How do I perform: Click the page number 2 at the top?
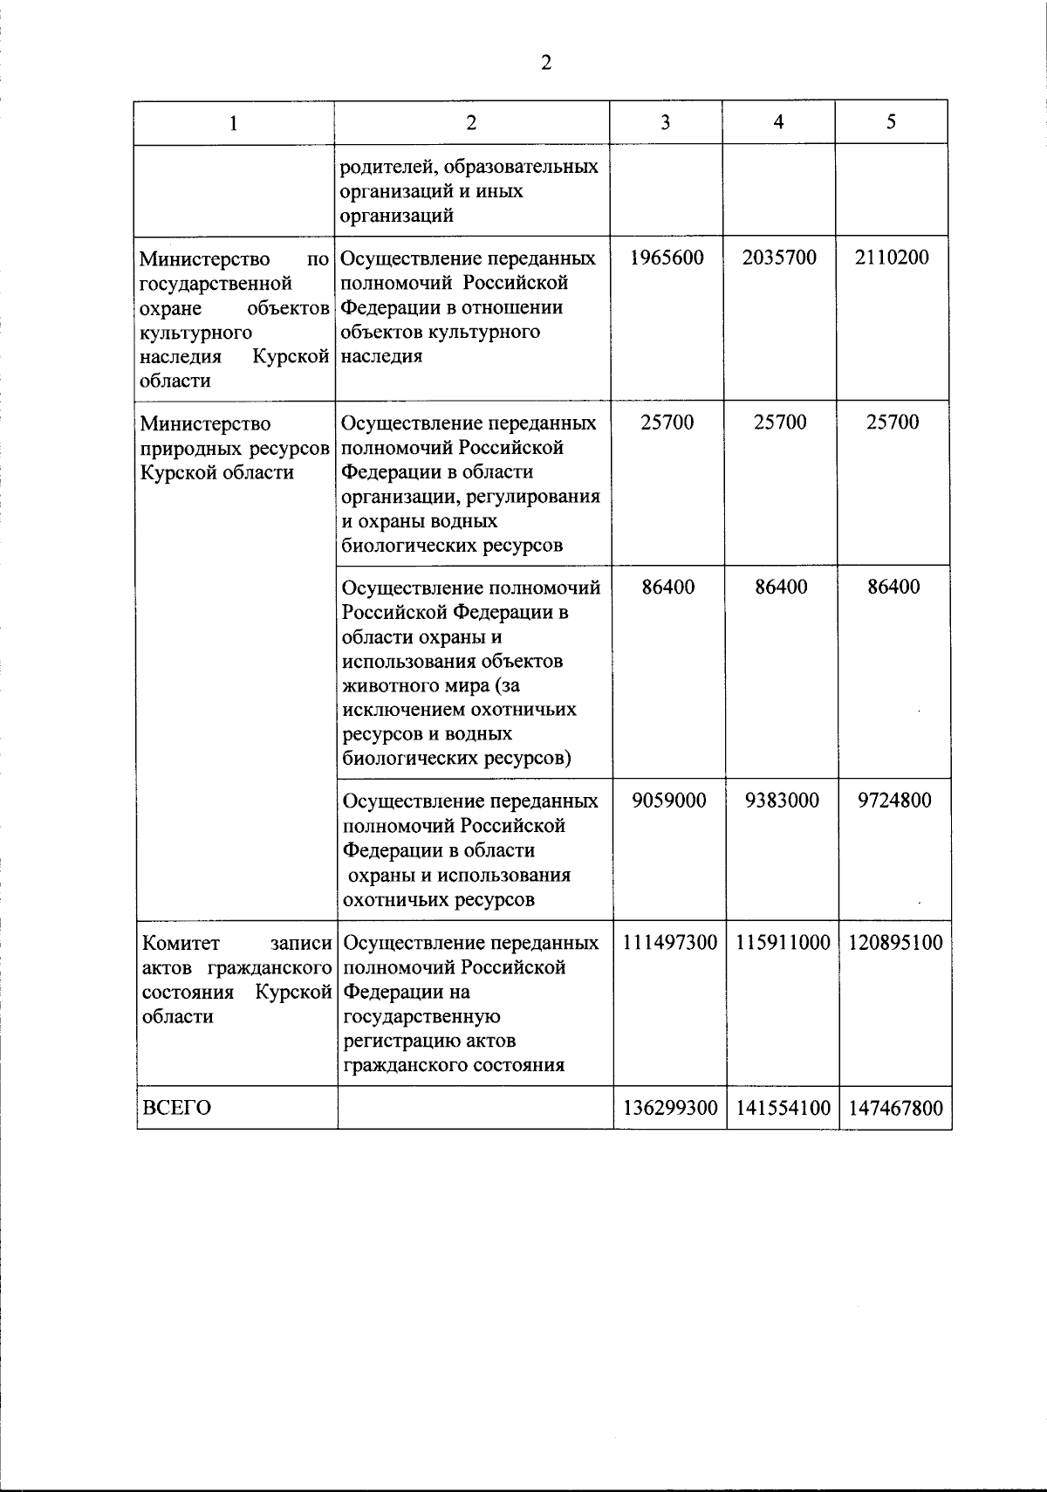coord(546,63)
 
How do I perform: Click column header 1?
coord(233,123)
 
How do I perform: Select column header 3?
coord(666,123)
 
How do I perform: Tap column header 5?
coord(891,122)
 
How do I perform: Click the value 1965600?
coord(667,258)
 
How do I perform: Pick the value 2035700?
coord(779,258)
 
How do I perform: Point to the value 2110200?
coord(892,258)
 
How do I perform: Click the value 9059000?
coord(669,801)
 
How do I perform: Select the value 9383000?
coord(782,801)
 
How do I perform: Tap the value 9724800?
coord(894,801)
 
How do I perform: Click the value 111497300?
coord(669,943)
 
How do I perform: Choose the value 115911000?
coord(783,943)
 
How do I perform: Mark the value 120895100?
coord(895,943)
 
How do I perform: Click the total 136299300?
coord(669,1108)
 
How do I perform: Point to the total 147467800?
coord(895,1108)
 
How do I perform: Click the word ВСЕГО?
coord(176,1108)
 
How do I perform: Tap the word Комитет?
coord(181,944)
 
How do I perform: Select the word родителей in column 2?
coord(381,167)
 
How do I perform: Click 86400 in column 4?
coord(781,587)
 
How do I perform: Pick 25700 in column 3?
coord(667,423)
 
